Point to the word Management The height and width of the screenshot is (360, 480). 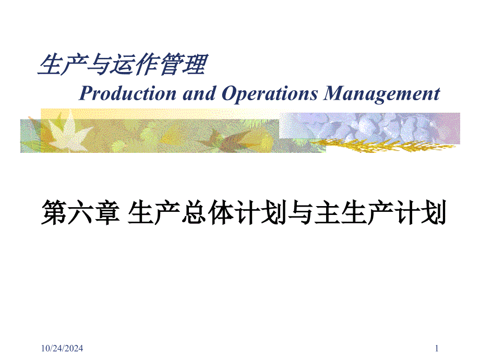[382, 94]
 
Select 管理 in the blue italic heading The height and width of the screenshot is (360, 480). [185, 66]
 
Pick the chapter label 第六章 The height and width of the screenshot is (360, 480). [78, 214]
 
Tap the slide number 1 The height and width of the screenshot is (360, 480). [437, 348]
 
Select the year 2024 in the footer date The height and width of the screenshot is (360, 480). [74, 348]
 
